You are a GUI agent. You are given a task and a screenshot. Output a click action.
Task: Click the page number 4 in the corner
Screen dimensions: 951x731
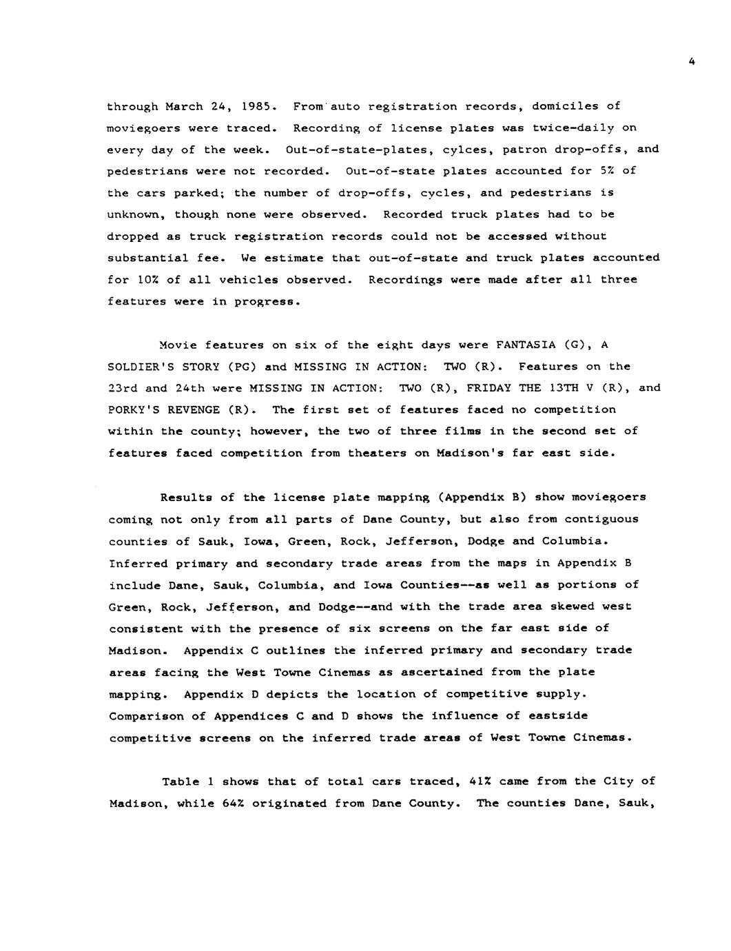[691, 62]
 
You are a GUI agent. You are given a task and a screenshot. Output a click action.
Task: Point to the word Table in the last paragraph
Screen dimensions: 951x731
[180, 781]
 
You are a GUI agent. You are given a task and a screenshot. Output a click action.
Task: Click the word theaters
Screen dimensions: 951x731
[391, 453]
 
